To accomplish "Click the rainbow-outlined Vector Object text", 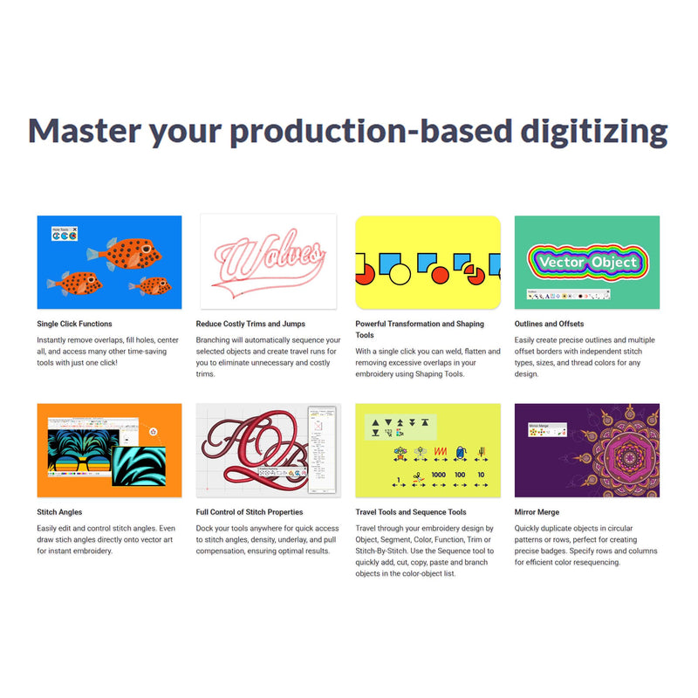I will coord(588,261).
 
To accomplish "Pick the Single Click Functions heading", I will coord(74,324).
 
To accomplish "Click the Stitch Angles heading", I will coord(59,512).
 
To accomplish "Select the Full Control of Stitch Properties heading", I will coord(250,512).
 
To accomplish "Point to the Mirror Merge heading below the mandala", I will coord(537,512).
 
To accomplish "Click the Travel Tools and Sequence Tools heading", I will coord(411,512).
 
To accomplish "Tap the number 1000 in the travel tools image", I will coord(438,476).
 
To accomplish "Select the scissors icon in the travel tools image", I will coord(418,476).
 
